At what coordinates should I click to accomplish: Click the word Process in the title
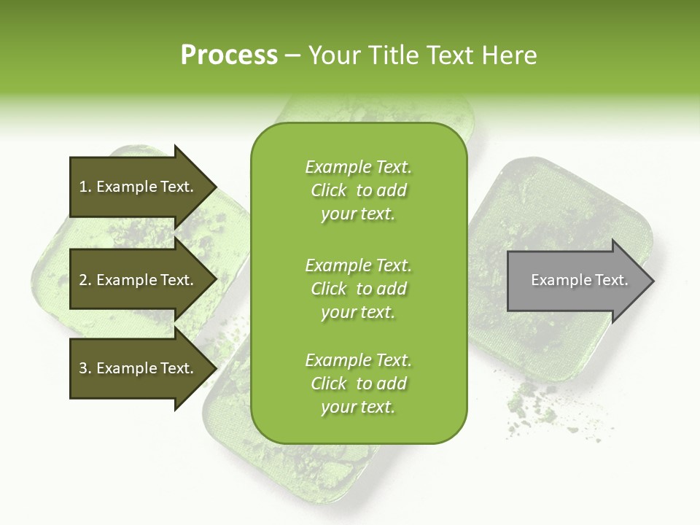229,55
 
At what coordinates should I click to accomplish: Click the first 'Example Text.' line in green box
358,167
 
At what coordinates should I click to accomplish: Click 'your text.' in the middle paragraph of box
358,312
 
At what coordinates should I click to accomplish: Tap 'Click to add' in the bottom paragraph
358,384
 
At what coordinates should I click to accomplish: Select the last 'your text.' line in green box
358,408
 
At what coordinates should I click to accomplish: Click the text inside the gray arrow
580,280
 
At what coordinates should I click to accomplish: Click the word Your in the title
335,55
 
